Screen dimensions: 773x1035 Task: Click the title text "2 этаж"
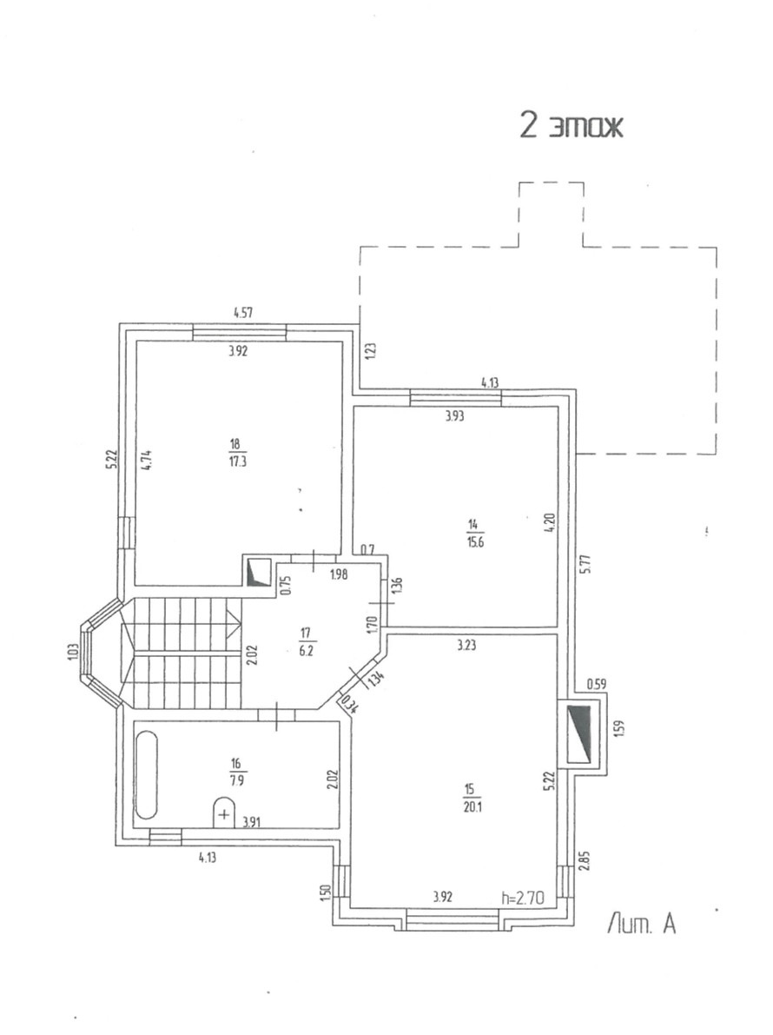point(571,127)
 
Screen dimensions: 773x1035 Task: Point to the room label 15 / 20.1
point(470,795)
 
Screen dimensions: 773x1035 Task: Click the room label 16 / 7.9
point(237,770)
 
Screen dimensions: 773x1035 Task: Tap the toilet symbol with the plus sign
point(224,813)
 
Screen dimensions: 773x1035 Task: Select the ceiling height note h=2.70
point(523,898)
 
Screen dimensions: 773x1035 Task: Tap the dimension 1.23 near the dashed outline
point(369,351)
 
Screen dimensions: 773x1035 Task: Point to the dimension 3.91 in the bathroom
point(253,820)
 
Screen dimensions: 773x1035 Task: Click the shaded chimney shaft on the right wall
point(579,733)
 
